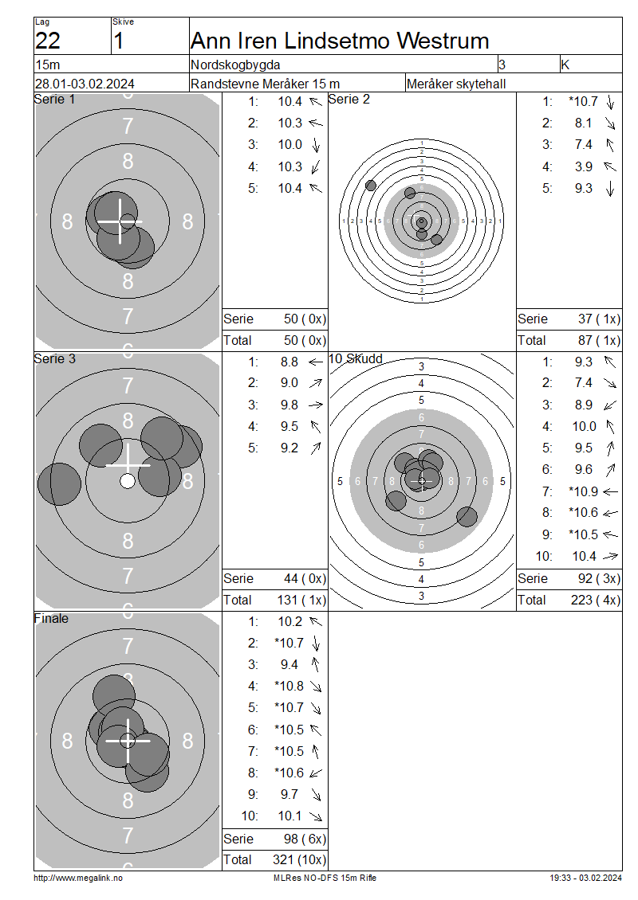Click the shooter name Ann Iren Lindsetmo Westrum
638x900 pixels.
340,41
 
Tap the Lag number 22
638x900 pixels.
48,41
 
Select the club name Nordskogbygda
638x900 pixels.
235,65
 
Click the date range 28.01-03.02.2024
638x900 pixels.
85,84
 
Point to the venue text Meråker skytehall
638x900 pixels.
456,84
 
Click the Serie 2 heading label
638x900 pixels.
349,100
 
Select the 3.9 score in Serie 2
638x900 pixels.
584,166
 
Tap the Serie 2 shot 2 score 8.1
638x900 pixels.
584,123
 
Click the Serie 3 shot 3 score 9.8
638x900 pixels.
289,405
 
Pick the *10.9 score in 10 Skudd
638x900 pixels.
584,491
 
